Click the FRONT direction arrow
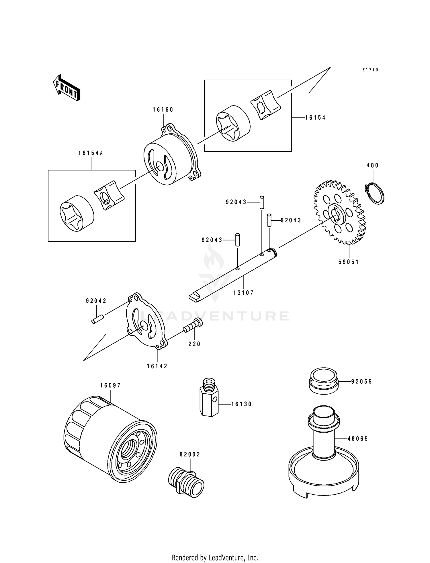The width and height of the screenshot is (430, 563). [x=66, y=88]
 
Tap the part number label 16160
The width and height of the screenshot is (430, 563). [x=163, y=110]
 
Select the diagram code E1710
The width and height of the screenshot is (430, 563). [x=370, y=70]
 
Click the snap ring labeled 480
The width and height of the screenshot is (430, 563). [x=375, y=193]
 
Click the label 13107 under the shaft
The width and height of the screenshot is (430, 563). [x=243, y=293]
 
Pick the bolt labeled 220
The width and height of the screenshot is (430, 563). [x=193, y=326]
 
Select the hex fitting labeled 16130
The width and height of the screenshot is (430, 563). [x=209, y=399]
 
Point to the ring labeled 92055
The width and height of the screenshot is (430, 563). [x=324, y=380]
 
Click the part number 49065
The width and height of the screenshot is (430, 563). [x=358, y=439]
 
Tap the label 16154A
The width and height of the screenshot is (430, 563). [x=91, y=153]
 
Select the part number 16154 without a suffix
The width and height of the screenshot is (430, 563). [x=315, y=118]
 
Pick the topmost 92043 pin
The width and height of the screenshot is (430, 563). [x=262, y=202]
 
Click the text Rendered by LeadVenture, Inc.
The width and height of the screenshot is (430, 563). [x=215, y=558]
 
